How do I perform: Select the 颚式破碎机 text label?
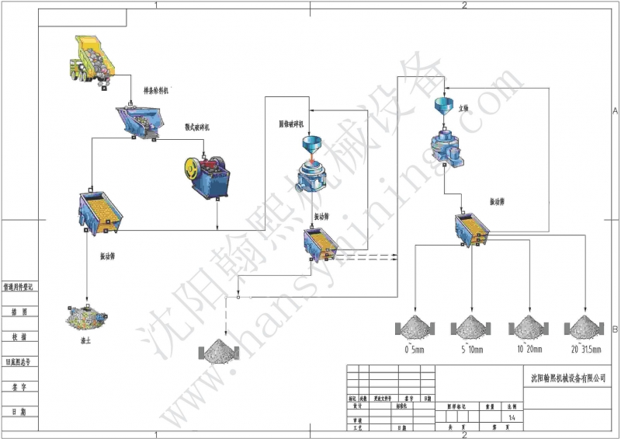[197, 127]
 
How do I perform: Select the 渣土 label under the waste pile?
[85, 340]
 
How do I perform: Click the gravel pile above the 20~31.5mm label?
[583, 326]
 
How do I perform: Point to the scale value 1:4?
[510, 416]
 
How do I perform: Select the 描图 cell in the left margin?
[19, 312]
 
